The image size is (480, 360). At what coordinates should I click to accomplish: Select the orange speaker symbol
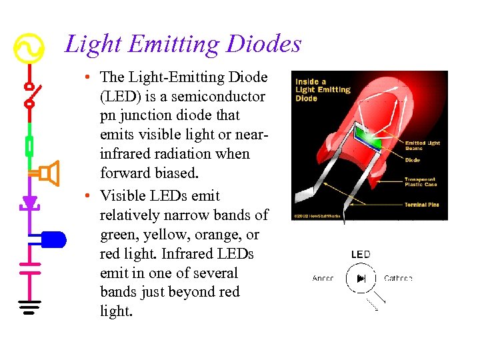click(x=49, y=173)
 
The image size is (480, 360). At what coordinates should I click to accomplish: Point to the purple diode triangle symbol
click(x=29, y=202)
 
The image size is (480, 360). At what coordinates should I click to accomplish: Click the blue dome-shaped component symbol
click(x=53, y=239)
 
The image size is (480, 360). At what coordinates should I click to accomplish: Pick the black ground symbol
click(x=29, y=307)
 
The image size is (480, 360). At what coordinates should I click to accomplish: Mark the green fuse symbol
click(x=29, y=145)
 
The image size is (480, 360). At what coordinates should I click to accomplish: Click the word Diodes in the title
click(x=263, y=45)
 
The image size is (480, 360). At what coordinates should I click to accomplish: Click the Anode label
click(x=323, y=278)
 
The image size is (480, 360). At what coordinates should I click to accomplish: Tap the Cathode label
click(x=398, y=278)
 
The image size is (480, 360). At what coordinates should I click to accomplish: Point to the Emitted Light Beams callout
click(x=422, y=146)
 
